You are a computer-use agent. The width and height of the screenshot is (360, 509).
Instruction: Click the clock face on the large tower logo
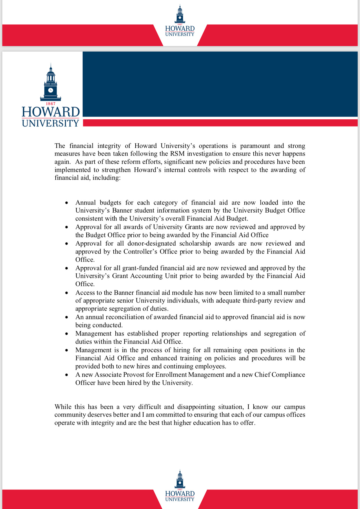pyautogui.click(x=51, y=90)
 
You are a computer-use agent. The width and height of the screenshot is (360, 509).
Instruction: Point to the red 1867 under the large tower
pyautogui.click(x=51, y=103)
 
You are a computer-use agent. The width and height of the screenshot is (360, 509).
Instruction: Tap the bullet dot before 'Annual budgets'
pyautogui.click(x=67, y=203)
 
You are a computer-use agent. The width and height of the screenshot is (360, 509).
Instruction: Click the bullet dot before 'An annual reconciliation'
pyautogui.click(x=67, y=317)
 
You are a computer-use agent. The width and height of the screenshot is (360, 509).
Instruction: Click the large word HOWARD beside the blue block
pyautogui.click(x=51, y=112)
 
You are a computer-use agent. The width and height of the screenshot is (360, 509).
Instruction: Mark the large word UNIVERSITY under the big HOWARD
pyautogui.click(x=51, y=123)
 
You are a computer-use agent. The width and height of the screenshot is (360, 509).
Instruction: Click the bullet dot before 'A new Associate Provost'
pyautogui.click(x=67, y=375)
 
